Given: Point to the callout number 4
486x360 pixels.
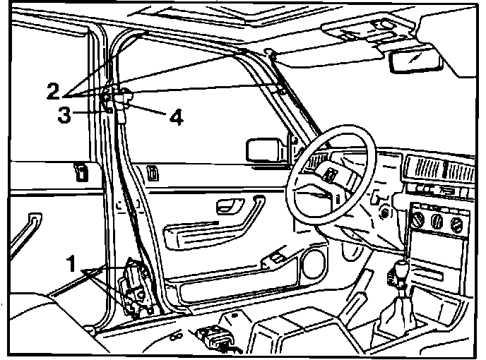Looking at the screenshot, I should tap(174, 116).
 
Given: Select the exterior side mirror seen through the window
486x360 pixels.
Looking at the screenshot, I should tap(263, 150).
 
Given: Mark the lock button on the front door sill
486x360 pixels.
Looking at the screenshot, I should tap(153, 172).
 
